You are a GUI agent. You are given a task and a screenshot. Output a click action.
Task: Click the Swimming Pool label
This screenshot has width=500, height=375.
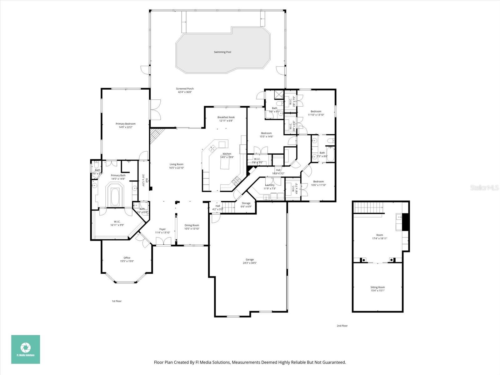[x=222, y=52]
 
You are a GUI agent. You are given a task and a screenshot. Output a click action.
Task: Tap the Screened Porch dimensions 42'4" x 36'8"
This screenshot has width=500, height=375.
[x=185, y=92]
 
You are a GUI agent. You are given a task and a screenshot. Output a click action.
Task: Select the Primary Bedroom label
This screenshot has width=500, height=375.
[x=126, y=124]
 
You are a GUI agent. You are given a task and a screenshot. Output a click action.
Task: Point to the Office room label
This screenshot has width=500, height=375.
[x=127, y=258]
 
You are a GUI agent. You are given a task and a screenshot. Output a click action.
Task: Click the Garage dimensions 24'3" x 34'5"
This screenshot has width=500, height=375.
[x=250, y=263]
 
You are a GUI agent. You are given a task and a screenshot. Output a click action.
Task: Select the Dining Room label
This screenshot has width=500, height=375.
[x=192, y=225]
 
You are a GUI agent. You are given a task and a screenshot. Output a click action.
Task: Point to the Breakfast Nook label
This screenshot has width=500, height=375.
[x=226, y=117]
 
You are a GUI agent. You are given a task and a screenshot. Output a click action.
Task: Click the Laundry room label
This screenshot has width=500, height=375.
[x=269, y=185]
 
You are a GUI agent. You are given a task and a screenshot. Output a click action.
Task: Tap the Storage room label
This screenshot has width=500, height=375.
[x=246, y=203]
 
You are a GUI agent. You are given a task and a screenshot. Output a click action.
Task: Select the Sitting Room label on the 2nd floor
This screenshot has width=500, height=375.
[x=377, y=287]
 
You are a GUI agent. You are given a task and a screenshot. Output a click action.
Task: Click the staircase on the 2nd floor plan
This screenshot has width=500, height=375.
[x=368, y=207]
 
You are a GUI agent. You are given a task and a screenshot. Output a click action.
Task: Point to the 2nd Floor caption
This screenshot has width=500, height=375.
[x=342, y=326]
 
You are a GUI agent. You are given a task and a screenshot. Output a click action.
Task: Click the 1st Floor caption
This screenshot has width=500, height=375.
[x=117, y=301]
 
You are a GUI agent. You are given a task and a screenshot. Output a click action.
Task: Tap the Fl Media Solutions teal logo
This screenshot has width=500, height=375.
[x=26, y=349]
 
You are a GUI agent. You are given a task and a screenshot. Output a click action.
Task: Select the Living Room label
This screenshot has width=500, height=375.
[x=177, y=164]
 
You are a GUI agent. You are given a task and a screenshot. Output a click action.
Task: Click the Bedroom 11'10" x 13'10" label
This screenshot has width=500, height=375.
[x=316, y=111]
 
